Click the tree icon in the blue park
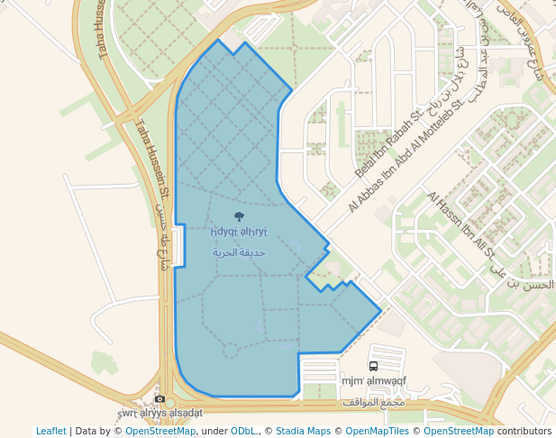click(x=239, y=216)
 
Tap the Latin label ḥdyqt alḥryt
click(x=238, y=233)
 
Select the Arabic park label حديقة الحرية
click(x=239, y=253)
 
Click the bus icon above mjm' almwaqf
click(x=374, y=367)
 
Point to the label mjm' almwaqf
click(x=374, y=381)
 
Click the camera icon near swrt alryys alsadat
click(x=160, y=399)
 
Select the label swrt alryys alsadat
click(x=160, y=413)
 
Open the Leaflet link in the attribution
click(x=51, y=431)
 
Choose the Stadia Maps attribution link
click(x=303, y=431)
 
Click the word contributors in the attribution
click(x=524, y=431)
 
